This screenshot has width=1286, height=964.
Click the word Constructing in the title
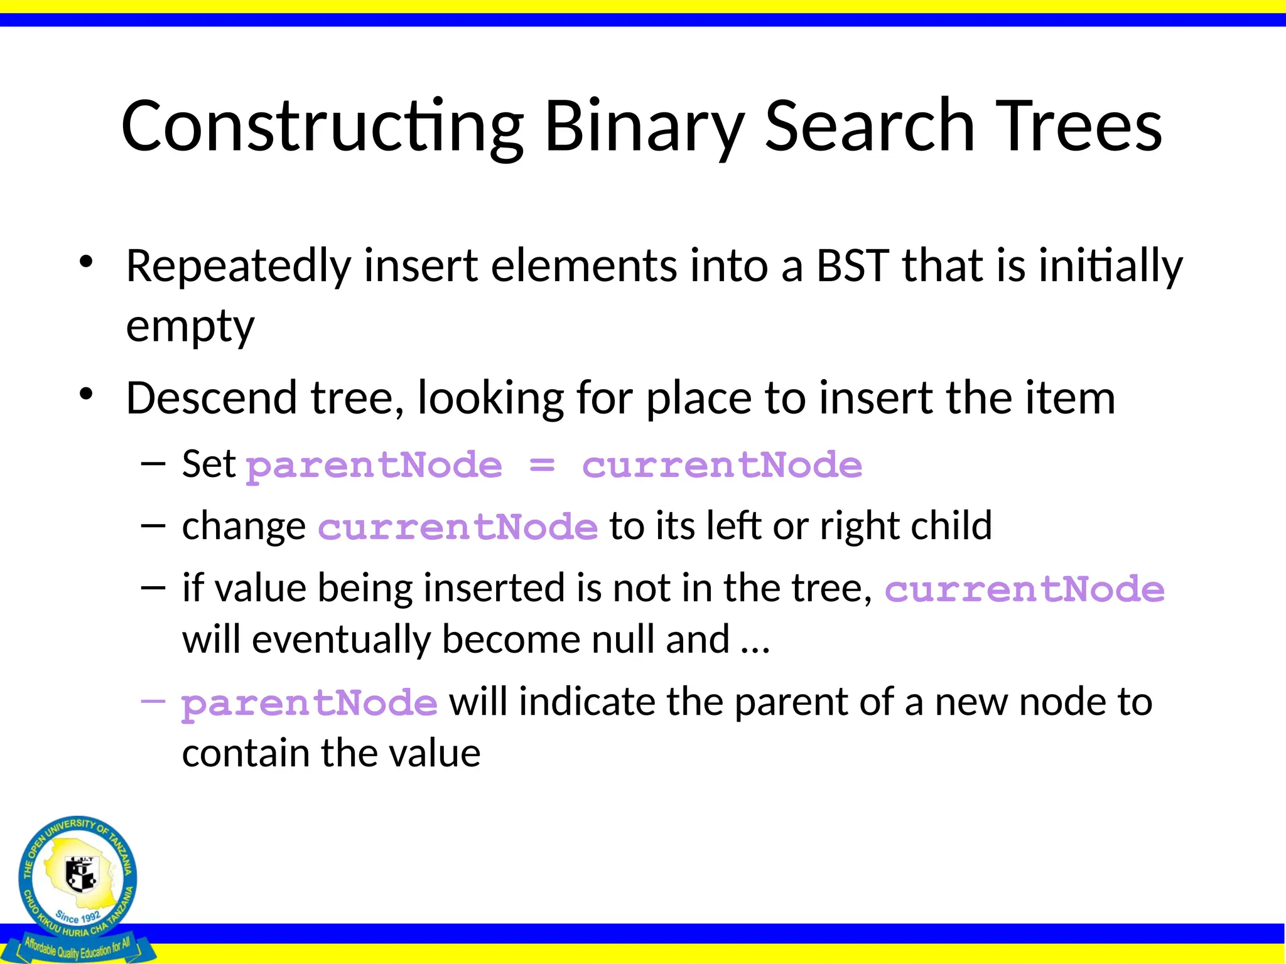click(321, 127)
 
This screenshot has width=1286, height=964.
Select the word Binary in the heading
click(644, 127)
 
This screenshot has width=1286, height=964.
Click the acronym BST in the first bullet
click(852, 266)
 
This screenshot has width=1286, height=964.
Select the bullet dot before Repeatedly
click(86, 262)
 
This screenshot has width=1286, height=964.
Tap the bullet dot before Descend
click(86, 395)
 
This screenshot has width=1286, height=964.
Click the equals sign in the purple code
click(542, 465)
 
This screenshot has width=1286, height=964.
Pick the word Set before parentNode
click(208, 464)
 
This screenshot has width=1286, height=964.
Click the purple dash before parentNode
click(153, 700)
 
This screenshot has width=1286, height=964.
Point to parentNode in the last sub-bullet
click(309, 703)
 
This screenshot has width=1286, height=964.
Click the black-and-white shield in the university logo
click(82, 874)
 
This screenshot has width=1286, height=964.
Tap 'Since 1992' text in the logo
click(78, 917)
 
